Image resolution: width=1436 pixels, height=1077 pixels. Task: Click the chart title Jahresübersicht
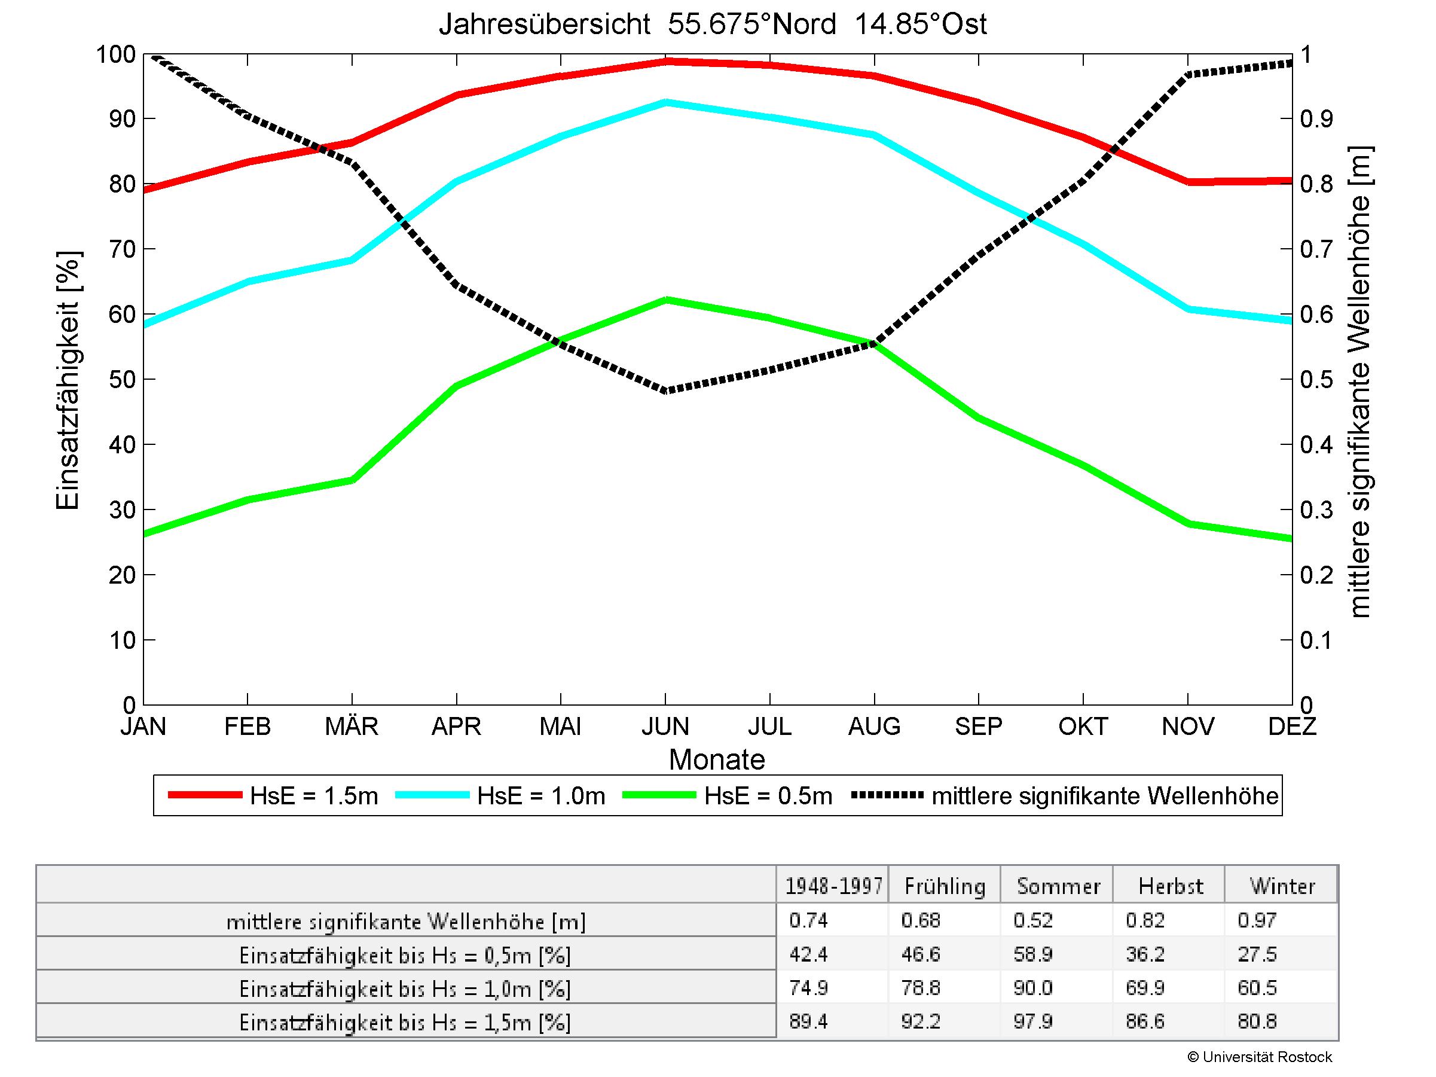tap(712, 25)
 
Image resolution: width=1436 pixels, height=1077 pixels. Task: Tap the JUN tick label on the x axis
tap(665, 726)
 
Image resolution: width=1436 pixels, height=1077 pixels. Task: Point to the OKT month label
tap(1083, 726)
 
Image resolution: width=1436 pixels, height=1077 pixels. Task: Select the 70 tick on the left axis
tap(122, 249)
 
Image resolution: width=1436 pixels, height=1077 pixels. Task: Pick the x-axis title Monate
tap(717, 759)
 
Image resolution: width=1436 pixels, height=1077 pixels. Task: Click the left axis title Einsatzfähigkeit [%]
tap(68, 380)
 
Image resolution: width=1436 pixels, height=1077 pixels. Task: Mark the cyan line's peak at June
tap(665, 102)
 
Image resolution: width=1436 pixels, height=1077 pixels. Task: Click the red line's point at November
tap(1188, 182)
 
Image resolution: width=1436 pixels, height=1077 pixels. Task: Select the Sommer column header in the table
tap(1058, 886)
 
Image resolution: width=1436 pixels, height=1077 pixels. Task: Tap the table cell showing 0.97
tap(1257, 920)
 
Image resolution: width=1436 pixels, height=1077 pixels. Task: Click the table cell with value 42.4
tap(809, 954)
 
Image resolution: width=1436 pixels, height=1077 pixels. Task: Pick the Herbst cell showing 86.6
tap(1145, 1021)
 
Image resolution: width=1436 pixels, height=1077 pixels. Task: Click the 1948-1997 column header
tap(833, 886)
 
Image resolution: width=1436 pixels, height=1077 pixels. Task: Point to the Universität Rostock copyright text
tap(1260, 1057)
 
